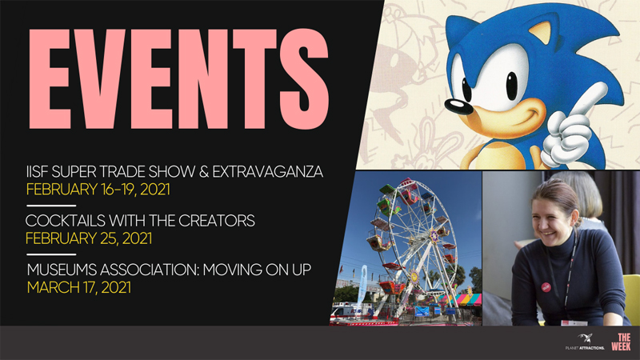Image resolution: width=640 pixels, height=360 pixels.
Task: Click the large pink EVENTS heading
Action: point(178,78)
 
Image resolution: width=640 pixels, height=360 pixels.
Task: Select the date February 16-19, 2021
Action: point(98,190)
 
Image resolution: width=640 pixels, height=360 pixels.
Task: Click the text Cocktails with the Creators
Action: point(140,221)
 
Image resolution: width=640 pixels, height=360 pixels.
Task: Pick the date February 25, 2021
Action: point(89,238)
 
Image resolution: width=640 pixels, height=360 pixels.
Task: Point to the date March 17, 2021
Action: point(78,288)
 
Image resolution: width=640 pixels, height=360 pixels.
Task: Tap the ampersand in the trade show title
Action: point(204,172)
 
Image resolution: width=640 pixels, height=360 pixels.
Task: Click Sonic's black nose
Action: point(458,106)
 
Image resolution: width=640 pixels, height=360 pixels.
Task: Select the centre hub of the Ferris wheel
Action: point(433,235)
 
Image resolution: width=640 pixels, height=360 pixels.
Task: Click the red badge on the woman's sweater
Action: point(546,287)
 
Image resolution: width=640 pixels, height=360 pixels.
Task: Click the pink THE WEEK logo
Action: point(622,342)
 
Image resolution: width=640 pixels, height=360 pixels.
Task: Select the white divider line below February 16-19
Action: point(51,206)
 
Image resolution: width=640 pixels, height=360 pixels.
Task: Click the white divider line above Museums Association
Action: point(51,254)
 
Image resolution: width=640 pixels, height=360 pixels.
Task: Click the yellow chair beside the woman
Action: point(631,298)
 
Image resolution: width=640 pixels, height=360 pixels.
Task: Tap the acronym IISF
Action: point(36,172)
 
